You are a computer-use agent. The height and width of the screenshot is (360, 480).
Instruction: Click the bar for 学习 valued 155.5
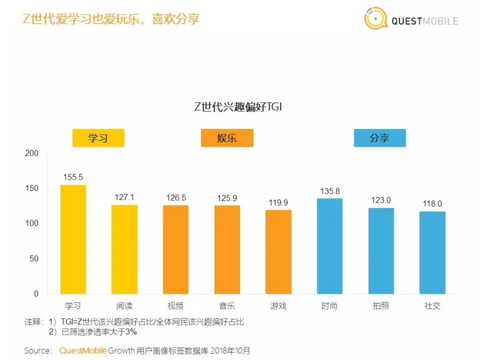pyautogui.click(x=73, y=239)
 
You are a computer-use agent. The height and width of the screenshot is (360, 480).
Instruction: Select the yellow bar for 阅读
pyautogui.click(x=124, y=249)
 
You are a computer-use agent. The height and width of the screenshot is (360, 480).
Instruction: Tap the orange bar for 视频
pyautogui.click(x=175, y=250)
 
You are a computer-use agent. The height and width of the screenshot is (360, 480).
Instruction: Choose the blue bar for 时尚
pyautogui.click(x=330, y=246)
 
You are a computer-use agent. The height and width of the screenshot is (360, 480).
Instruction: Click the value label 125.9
pyautogui.click(x=227, y=198)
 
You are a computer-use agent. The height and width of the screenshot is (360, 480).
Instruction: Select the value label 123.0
pyautogui.click(x=381, y=201)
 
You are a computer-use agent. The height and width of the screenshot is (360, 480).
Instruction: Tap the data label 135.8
pyautogui.click(x=330, y=191)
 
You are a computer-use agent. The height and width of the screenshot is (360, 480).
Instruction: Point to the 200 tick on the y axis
pyautogui.click(x=32, y=154)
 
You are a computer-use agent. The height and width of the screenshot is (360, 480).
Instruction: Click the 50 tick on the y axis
pyautogui.click(x=34, y=259)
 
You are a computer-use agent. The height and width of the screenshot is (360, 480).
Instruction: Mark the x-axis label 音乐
pyautogui.click(x=227, y=306)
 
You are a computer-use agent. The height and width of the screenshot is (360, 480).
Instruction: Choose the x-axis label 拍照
pyautogui.click(x=381, y=306)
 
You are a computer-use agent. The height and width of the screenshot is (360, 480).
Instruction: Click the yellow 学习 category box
pyautogui.click(x=98, y=138)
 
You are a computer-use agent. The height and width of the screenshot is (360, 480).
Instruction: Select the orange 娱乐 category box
pyautogui.click(x=227, y=138)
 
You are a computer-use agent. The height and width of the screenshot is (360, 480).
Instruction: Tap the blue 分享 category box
pyautogui.click(x=379, y=138)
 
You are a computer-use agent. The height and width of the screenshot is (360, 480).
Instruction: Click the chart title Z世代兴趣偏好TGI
pyautogui.click(x=238, y=107)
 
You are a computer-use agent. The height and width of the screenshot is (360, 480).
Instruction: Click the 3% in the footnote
pyautogui.click(x=131, y=332)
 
